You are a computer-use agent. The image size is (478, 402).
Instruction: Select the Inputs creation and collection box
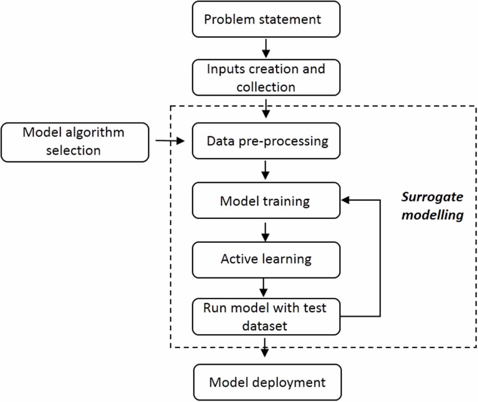[266, 77]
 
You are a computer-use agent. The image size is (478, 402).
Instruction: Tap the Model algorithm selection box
[75, 142]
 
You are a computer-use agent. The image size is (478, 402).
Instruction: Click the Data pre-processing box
[266, 141]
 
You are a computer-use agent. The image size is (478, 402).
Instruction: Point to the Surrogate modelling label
[432, 206]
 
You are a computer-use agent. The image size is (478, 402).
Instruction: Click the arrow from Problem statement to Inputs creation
[266, 48]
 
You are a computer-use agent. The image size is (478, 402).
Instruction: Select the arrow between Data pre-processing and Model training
[266, 171]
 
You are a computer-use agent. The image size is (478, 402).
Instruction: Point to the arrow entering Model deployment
[266, 348]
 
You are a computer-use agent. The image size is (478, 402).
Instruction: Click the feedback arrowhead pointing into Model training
[346, 200]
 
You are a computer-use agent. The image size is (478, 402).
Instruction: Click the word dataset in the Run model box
[265, 325]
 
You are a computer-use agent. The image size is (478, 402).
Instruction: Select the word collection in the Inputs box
[265, 86]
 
